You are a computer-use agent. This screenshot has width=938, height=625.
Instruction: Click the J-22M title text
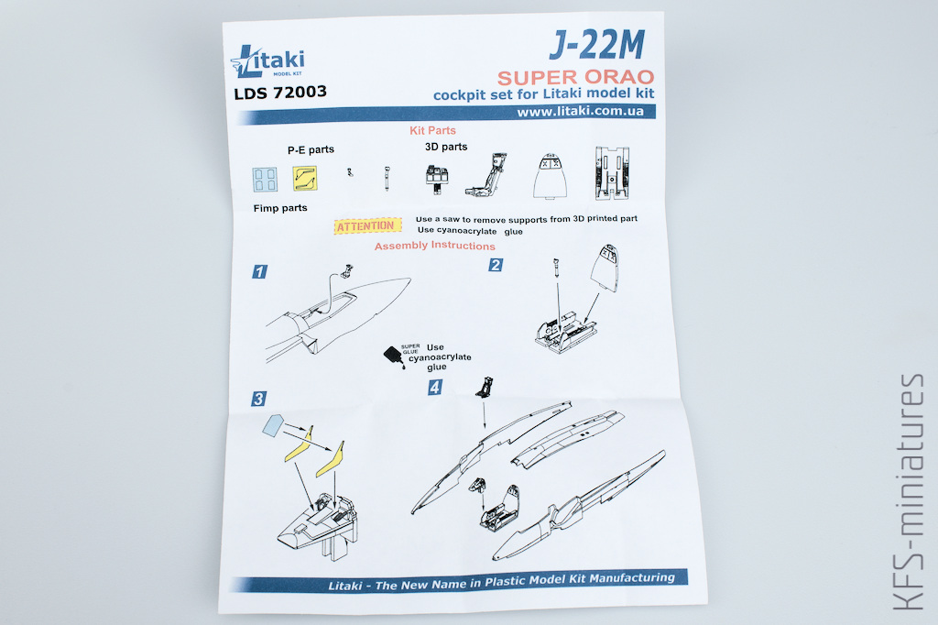pos(597,45)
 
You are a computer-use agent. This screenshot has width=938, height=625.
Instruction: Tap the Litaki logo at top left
pos(267,61)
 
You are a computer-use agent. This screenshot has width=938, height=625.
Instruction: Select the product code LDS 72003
pos(280,93)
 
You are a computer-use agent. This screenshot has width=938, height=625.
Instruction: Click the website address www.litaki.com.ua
pos(580,112)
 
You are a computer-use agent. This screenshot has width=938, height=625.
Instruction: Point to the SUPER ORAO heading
pos(575,77)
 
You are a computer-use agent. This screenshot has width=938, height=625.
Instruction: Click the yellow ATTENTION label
pos(366,225)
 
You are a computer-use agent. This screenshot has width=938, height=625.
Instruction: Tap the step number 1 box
pos(259,272)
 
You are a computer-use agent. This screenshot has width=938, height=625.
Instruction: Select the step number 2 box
pos(496,265)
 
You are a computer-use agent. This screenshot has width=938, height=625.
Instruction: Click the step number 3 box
pos(258,399)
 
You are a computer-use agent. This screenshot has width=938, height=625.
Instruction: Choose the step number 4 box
pos(435,388)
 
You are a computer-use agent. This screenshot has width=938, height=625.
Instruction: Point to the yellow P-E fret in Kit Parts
pos(304,179)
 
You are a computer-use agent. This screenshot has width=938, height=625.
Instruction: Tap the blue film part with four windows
pos(265,179)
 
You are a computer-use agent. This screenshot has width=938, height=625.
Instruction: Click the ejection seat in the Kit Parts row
pos(487,174)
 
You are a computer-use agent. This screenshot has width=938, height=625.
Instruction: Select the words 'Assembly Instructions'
pos(435,246)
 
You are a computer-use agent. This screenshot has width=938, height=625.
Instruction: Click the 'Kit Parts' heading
pos(432,130)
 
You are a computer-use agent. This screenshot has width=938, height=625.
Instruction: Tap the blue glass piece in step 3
pos(273,425)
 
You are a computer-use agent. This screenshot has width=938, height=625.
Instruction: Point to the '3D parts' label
pos(446,147)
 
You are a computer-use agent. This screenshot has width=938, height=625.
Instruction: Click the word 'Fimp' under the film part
pos(266,208)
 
